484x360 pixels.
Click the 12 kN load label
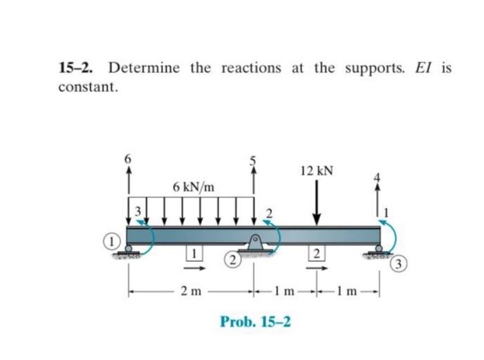(x=317, y=170)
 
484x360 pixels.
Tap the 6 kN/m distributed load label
(x=194, y=187)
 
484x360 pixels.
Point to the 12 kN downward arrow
(x=317, y=201)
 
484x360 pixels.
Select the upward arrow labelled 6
(x=128, y=184)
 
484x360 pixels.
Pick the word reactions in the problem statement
(x=251, y=68)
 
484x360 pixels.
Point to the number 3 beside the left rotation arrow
(x=138, y=209)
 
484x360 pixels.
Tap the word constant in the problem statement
(x=87, y=88)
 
